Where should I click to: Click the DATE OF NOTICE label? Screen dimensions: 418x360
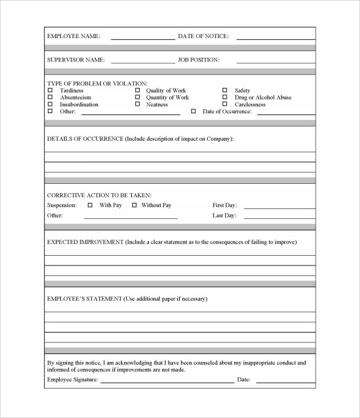point(203,36)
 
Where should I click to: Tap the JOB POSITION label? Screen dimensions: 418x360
point(199,60)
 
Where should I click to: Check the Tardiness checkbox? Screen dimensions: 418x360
point(50,91)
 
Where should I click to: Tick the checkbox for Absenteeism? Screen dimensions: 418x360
point(50,98)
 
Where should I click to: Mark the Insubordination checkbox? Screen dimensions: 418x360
point(50,104)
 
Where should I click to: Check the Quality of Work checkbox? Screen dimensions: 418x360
point(137,91)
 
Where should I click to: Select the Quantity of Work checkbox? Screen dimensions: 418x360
point(137,98)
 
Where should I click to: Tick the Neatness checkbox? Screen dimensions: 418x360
point(137,104)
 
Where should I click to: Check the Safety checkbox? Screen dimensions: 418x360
point(225,91)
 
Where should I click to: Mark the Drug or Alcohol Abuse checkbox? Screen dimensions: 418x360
point(225,98)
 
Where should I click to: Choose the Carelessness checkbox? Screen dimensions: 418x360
point(225,104)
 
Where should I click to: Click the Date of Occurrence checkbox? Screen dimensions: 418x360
point(193,111)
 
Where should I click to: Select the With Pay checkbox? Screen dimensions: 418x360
point(90,205)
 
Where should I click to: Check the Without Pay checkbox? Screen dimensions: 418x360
point(134,205)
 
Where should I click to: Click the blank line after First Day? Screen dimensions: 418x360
point(279,207)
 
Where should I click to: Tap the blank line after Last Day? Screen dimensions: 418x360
point(279,217)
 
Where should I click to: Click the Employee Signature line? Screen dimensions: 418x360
point(167,381)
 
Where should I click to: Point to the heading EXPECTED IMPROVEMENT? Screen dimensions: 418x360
point(85,242)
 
